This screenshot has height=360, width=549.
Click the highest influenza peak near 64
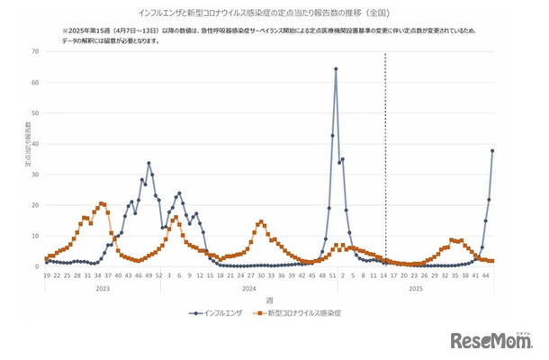(336, 68)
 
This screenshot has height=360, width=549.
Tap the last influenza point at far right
(492, 150)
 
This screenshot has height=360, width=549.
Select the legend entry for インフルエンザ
(220, 312)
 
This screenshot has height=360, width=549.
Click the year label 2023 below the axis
(102, 288)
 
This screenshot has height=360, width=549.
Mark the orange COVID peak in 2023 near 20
(102, 203)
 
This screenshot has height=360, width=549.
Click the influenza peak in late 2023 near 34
(148, 163)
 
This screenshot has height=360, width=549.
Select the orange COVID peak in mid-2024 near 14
(261, 221)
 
